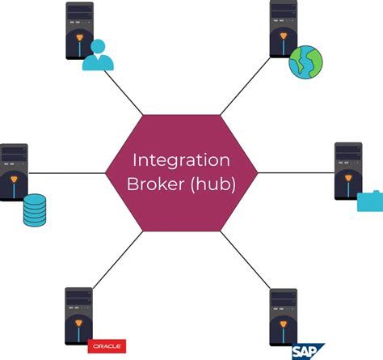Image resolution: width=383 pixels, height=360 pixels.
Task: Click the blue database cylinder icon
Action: (36, 210)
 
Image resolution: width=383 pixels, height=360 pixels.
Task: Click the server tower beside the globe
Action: (283, 30)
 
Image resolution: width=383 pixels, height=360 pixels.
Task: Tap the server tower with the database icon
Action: (14, 172)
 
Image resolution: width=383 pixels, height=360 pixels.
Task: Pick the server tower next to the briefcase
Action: (348, 172)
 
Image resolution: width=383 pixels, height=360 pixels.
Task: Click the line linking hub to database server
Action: (69, 172)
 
